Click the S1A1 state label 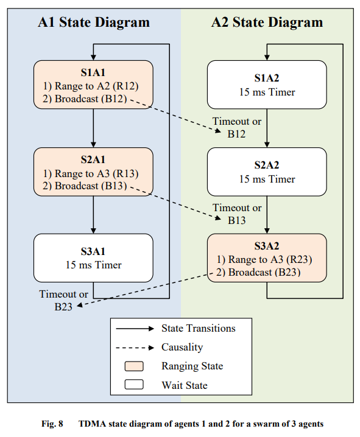click(x=93, y=73)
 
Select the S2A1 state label click(x=93, y=159)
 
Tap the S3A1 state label click(x=93, y=251)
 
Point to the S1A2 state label click(x=267, y=78)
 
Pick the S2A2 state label click(x=267, y=166)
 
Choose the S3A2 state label click(x=267, y=246)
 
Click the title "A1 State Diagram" click(x=94, y=23)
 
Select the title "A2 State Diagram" click(x=267, y=23)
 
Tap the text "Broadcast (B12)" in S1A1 click(x=91, y=99)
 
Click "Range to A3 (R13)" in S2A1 click(x=96, y=173)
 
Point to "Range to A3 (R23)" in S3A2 click(x=270, y=259)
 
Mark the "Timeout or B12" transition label click(x=237, y=128)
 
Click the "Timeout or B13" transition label click(x=237, y=214)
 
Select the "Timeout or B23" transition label click(x=63, y=301)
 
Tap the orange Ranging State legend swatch click(x=134, y=366)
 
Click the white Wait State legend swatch click(x=134, y=385)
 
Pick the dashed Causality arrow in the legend click(x=135, y=348)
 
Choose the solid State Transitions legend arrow click(x=135, y=329)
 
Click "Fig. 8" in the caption click(x=52, y=424)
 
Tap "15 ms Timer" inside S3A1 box click(x=93, y=265)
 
